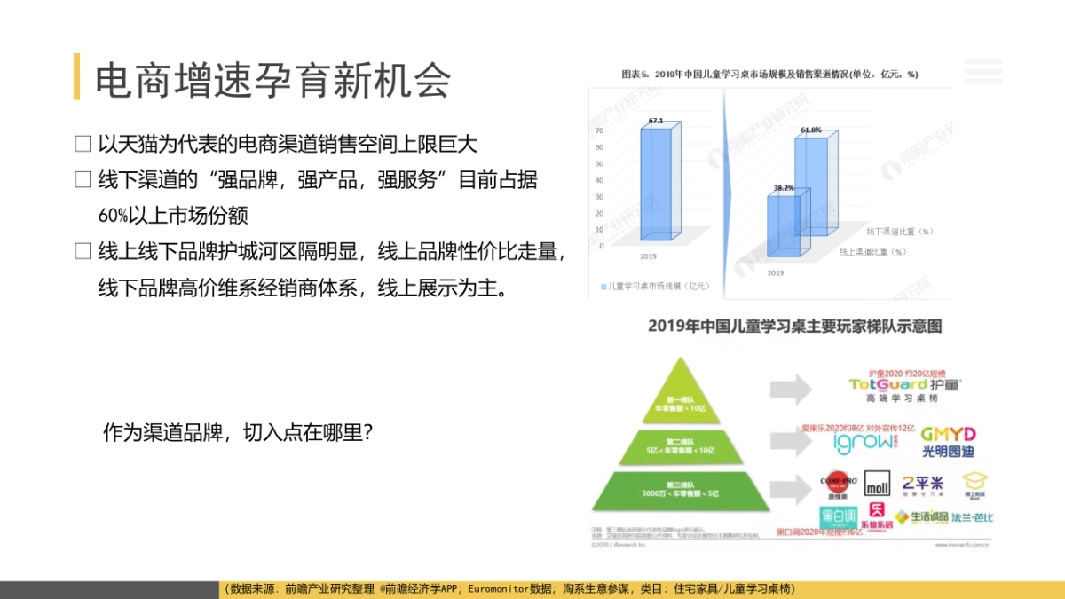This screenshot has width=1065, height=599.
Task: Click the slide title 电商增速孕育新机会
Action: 272,79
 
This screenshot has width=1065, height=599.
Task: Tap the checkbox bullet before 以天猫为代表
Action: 83,143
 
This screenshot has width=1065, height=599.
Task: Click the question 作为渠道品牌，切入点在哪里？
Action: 237,433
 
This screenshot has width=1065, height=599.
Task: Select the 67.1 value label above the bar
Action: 656,120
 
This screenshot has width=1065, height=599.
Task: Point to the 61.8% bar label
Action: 810,130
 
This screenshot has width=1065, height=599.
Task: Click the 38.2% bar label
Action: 783,188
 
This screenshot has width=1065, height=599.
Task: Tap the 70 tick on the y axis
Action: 599,130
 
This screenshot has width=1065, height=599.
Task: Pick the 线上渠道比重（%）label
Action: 874,252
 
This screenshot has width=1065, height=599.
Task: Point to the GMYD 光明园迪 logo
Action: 948,440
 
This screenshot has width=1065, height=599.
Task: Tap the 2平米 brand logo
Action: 924,485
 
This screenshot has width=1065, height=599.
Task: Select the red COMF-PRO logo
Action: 837,483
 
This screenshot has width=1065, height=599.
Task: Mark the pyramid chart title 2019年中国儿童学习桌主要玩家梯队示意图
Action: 794,327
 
